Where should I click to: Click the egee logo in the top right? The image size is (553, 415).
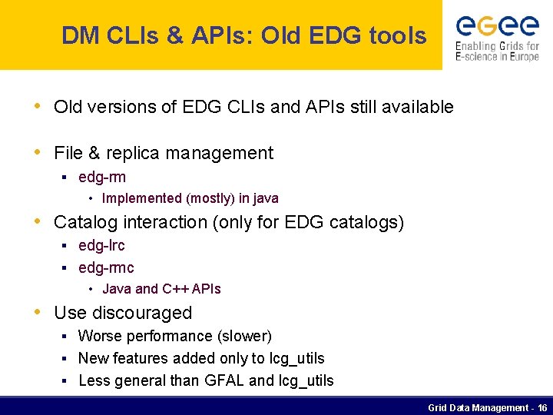coord(497,26)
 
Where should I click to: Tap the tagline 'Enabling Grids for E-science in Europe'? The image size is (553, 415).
coord(497,51)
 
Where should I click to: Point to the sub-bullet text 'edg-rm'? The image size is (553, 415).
coord(102,178)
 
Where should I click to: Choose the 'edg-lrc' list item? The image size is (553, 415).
coord(101,245)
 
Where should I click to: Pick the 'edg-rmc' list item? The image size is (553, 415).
coord(106,267)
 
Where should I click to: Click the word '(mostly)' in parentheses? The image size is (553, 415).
coord(210,198)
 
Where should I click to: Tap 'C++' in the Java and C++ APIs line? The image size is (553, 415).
coord(175,289)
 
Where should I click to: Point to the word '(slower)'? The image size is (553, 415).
coord(244,336)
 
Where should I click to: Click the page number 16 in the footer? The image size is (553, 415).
coord(542,407)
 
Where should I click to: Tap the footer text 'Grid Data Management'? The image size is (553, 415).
coord(477,407)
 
